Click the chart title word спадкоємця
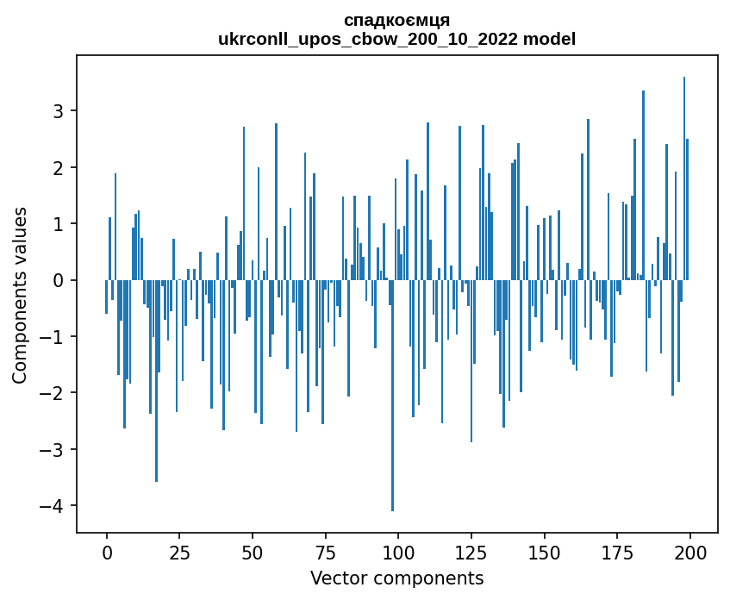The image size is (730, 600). click(x=396, y=20)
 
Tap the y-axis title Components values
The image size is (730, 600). click(x=20, y=295)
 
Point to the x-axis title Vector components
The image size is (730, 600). click(x=396, y=578)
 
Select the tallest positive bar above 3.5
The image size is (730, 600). click(x=684, y=172)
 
